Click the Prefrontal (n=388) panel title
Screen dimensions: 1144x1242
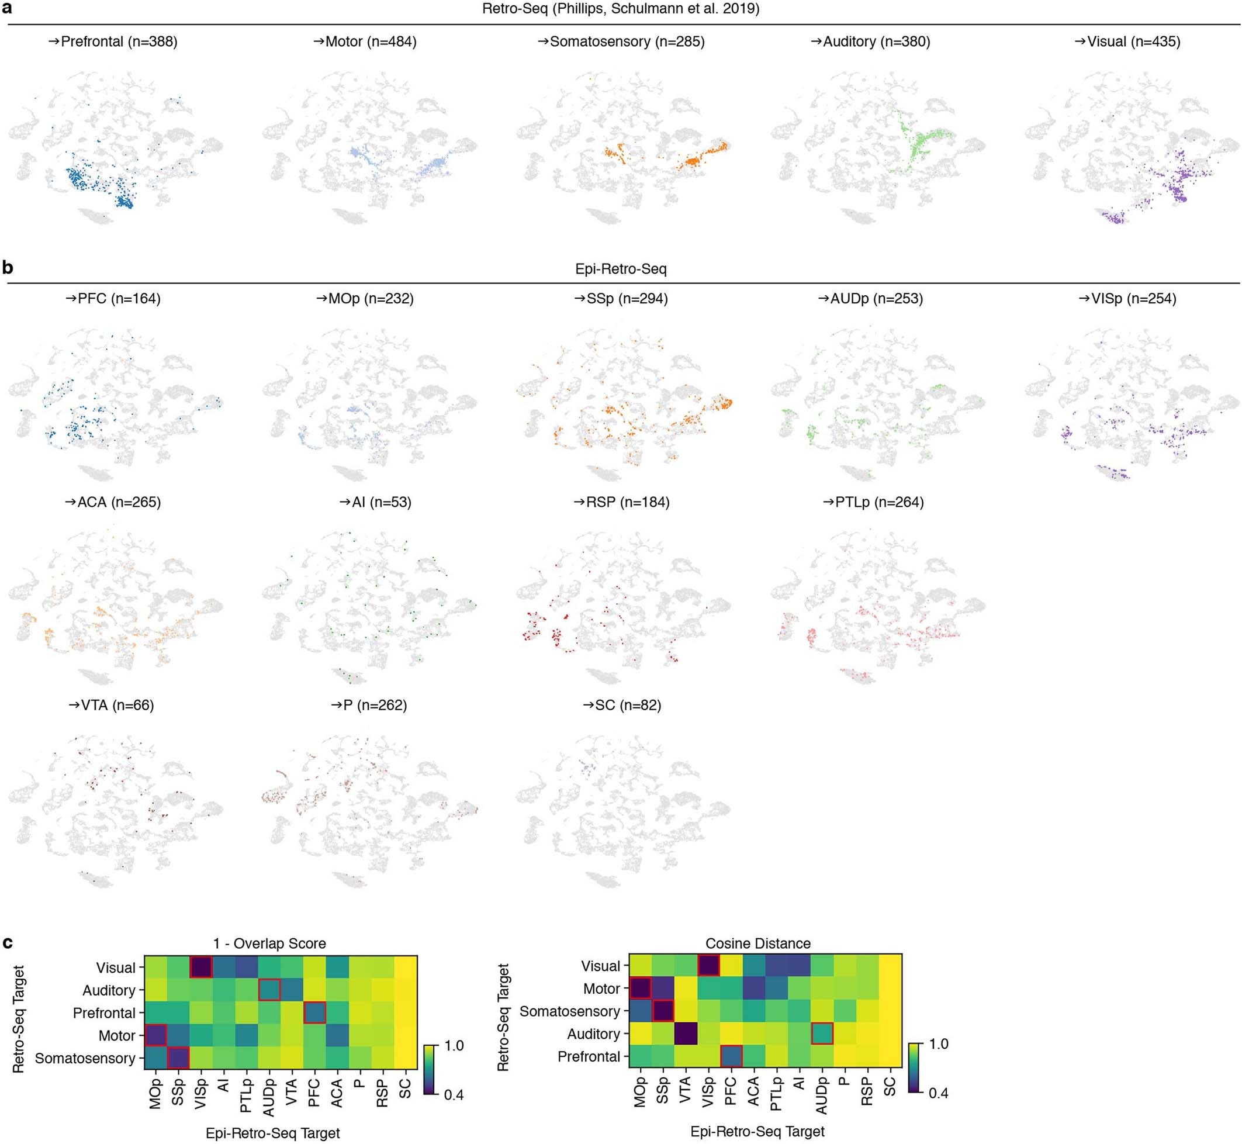coord(113,42)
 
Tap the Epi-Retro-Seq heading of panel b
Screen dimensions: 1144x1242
coord(621,269)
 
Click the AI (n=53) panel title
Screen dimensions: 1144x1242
coord(375,502)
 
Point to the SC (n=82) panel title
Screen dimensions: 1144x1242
coord(622,705)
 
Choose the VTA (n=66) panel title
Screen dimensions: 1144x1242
coord(112,705)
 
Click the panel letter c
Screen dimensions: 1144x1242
coord(8,943)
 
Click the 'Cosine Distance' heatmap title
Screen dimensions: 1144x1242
coord(757,943)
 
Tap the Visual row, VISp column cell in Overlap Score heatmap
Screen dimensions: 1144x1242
coord(201,967)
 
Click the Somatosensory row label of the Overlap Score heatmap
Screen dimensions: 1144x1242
coord(85,1058)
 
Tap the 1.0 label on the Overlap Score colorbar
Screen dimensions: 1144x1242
coord(454,1046)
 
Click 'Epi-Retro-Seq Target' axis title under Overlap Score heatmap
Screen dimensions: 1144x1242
coord(272,1133)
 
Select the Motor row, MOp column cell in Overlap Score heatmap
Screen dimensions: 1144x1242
coord(155,1035)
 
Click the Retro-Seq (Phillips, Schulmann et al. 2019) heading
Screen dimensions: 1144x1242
coord(621,9)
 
